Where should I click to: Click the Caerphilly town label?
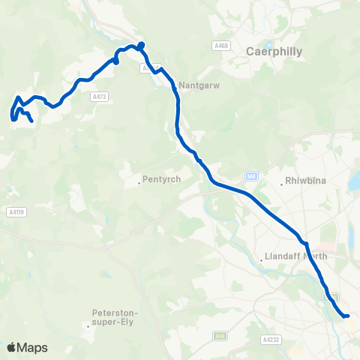click(x=274, y=52)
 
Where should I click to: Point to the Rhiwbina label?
click(x=303, y=181)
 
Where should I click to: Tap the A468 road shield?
click(x=220, y=46)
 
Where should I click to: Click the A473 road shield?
click(x=98, y=95)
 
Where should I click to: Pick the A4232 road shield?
click(x=271, y=340)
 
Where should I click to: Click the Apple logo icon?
click(x=12, y=347)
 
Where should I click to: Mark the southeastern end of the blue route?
click(x=347, y=316)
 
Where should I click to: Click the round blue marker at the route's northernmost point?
click(x=141, y=43)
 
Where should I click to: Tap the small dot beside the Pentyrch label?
click(x=139, y=181)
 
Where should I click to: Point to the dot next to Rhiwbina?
click(x=280, y=181)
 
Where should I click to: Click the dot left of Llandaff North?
click(x=260, y=259)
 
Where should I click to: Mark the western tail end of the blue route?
click(x=31, y=121)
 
